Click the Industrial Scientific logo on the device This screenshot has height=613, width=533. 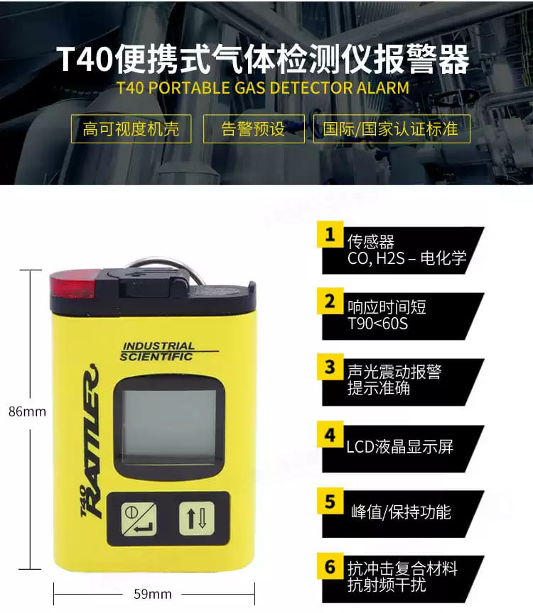158,351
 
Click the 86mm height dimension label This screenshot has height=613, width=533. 27,412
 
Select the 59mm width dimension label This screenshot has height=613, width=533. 153,594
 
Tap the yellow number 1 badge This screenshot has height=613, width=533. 330,235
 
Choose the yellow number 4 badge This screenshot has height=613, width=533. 330,434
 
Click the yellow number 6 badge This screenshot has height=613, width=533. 330,566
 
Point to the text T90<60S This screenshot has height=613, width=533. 377,324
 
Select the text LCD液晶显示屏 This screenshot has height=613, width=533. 399,446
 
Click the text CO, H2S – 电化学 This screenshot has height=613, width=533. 407,258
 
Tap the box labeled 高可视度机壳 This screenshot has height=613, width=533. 131,128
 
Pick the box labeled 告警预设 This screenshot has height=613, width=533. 254,128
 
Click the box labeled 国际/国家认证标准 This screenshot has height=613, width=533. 392,128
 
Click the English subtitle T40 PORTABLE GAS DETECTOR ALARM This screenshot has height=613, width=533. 263,87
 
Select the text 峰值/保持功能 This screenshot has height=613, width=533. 401,512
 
